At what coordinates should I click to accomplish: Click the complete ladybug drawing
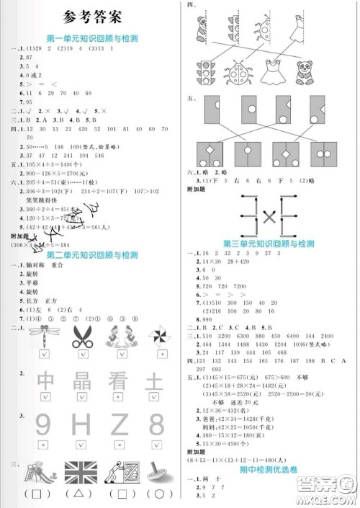pyautogui.click(x=238, y=71)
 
